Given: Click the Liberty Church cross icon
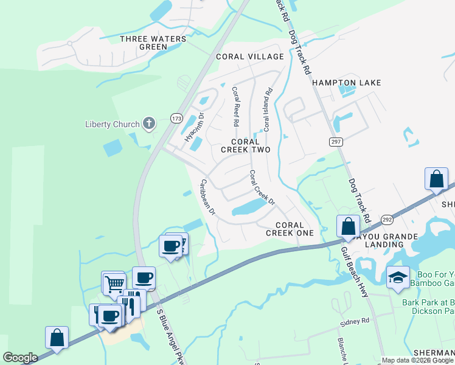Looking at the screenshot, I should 148,124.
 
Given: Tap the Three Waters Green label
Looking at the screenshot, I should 144,43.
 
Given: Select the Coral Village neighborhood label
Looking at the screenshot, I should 250,57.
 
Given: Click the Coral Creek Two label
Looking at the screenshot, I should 245,145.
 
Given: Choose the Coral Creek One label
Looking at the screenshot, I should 290,229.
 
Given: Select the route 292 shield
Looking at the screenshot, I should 387,219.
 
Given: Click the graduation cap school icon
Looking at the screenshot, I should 398,277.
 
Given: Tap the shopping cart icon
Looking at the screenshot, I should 114,283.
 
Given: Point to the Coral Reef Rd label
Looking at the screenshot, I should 236,106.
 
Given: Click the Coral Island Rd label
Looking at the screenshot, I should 266,109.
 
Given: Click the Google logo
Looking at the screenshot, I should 20,358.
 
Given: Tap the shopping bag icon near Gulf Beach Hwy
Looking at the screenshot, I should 348,226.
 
